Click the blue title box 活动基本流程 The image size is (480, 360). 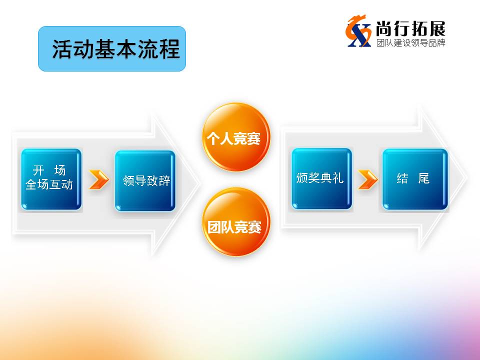click(112, 48)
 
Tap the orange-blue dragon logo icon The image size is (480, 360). click(358, 31)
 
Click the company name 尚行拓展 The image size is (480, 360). click(410, 29)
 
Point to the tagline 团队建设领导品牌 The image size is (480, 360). click(411, 42)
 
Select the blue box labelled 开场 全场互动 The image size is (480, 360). click(51, 179)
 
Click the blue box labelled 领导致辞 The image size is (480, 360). click(145, 180)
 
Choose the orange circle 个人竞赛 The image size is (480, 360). click(236, 137)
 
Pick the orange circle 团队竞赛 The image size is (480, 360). click(236, 222)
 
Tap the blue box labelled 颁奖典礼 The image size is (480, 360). click(321, 179)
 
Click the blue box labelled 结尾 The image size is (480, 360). click(415, 179)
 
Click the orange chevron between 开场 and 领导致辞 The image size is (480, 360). click(99, 179)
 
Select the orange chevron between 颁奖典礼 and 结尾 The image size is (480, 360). click(367, 179)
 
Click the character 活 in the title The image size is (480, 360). click(62, 49)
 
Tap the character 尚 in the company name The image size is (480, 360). click(384, 29)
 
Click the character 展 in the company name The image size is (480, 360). click(437, 29)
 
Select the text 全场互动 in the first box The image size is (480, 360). click(49, 184)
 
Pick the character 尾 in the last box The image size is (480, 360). click(424, 178)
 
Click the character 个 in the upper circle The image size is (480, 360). click(213, 138)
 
